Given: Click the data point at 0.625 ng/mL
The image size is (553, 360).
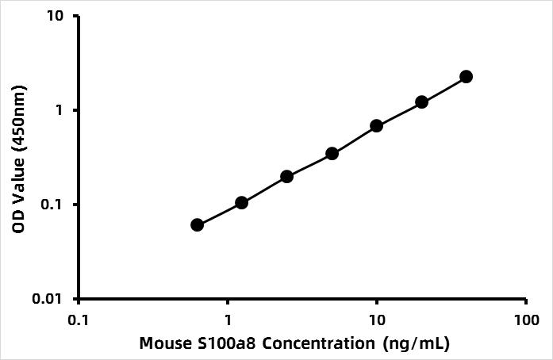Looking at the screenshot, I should (198, 225).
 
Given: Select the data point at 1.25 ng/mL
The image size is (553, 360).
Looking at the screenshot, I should (242, 203).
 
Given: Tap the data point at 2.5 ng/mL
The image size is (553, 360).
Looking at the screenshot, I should (287, 176).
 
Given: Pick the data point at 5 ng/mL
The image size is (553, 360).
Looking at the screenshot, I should (332, 153).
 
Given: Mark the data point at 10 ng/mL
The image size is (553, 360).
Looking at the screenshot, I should (377, 126).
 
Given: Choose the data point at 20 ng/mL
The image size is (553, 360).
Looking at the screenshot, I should (422, 102).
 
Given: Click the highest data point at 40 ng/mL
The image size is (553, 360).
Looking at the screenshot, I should (467, 76).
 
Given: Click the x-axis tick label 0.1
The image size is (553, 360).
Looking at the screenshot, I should (79, 320).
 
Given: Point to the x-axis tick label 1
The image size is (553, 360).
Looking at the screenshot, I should (228, 320).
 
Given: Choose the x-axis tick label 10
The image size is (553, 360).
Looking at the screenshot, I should (377, 320).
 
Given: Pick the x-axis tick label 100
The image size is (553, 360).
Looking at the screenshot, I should (526, 320).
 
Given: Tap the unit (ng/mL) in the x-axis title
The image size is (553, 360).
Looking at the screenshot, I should (414, 344).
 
